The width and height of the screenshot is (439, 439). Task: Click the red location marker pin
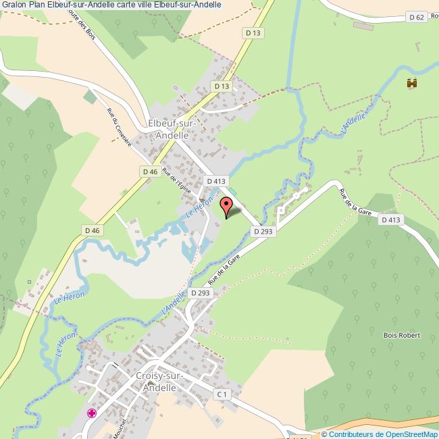click(x=226, y=207)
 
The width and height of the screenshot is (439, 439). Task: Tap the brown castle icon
click(x=411, y=84)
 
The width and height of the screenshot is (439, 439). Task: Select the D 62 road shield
click(x=417, y=16)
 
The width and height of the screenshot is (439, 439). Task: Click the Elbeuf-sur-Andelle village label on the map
click(x=172, y=130)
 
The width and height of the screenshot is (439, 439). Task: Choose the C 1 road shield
click(x=222, y=393)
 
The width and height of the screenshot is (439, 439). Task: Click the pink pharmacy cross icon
click(x=91, y=413)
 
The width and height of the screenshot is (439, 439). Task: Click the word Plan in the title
click(x=37, y=5)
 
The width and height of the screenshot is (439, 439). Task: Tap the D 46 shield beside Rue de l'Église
click(x=151, y=172)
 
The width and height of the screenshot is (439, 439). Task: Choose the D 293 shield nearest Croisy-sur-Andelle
click(x=201, y=292)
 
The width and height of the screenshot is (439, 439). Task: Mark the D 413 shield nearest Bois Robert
click(x=390, y=219)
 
